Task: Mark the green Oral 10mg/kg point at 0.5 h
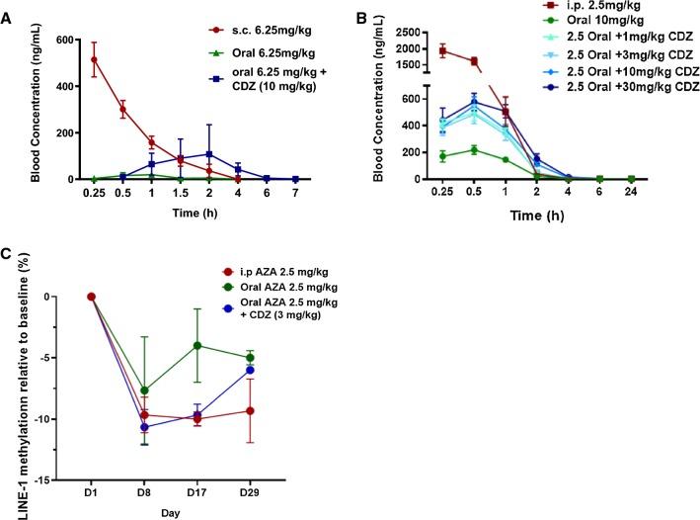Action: point(474,149)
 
